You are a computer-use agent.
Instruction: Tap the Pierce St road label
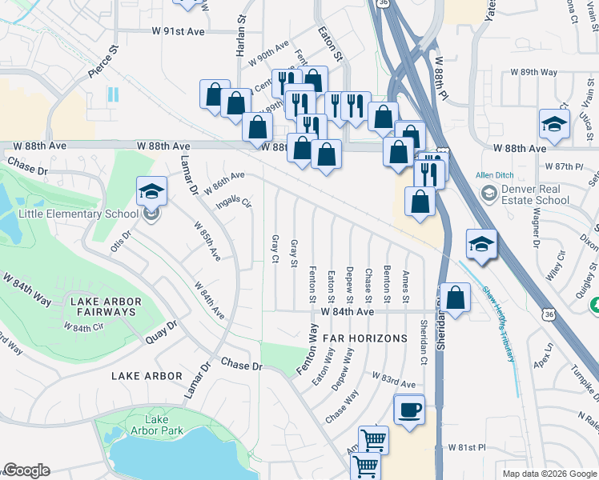[x=103, y=61]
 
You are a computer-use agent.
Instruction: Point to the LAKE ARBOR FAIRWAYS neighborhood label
[x=106, y=307]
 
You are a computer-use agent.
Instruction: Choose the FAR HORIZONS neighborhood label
[x=364, y=338]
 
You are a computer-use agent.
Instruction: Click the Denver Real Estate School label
[x=536, y=194]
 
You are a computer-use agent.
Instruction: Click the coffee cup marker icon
[x=409, y=410]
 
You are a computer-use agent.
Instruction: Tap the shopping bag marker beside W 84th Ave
[x=455, y=298]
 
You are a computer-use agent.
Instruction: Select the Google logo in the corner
[x=26, y=470]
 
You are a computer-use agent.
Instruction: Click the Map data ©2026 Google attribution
[x=549, y=474]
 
